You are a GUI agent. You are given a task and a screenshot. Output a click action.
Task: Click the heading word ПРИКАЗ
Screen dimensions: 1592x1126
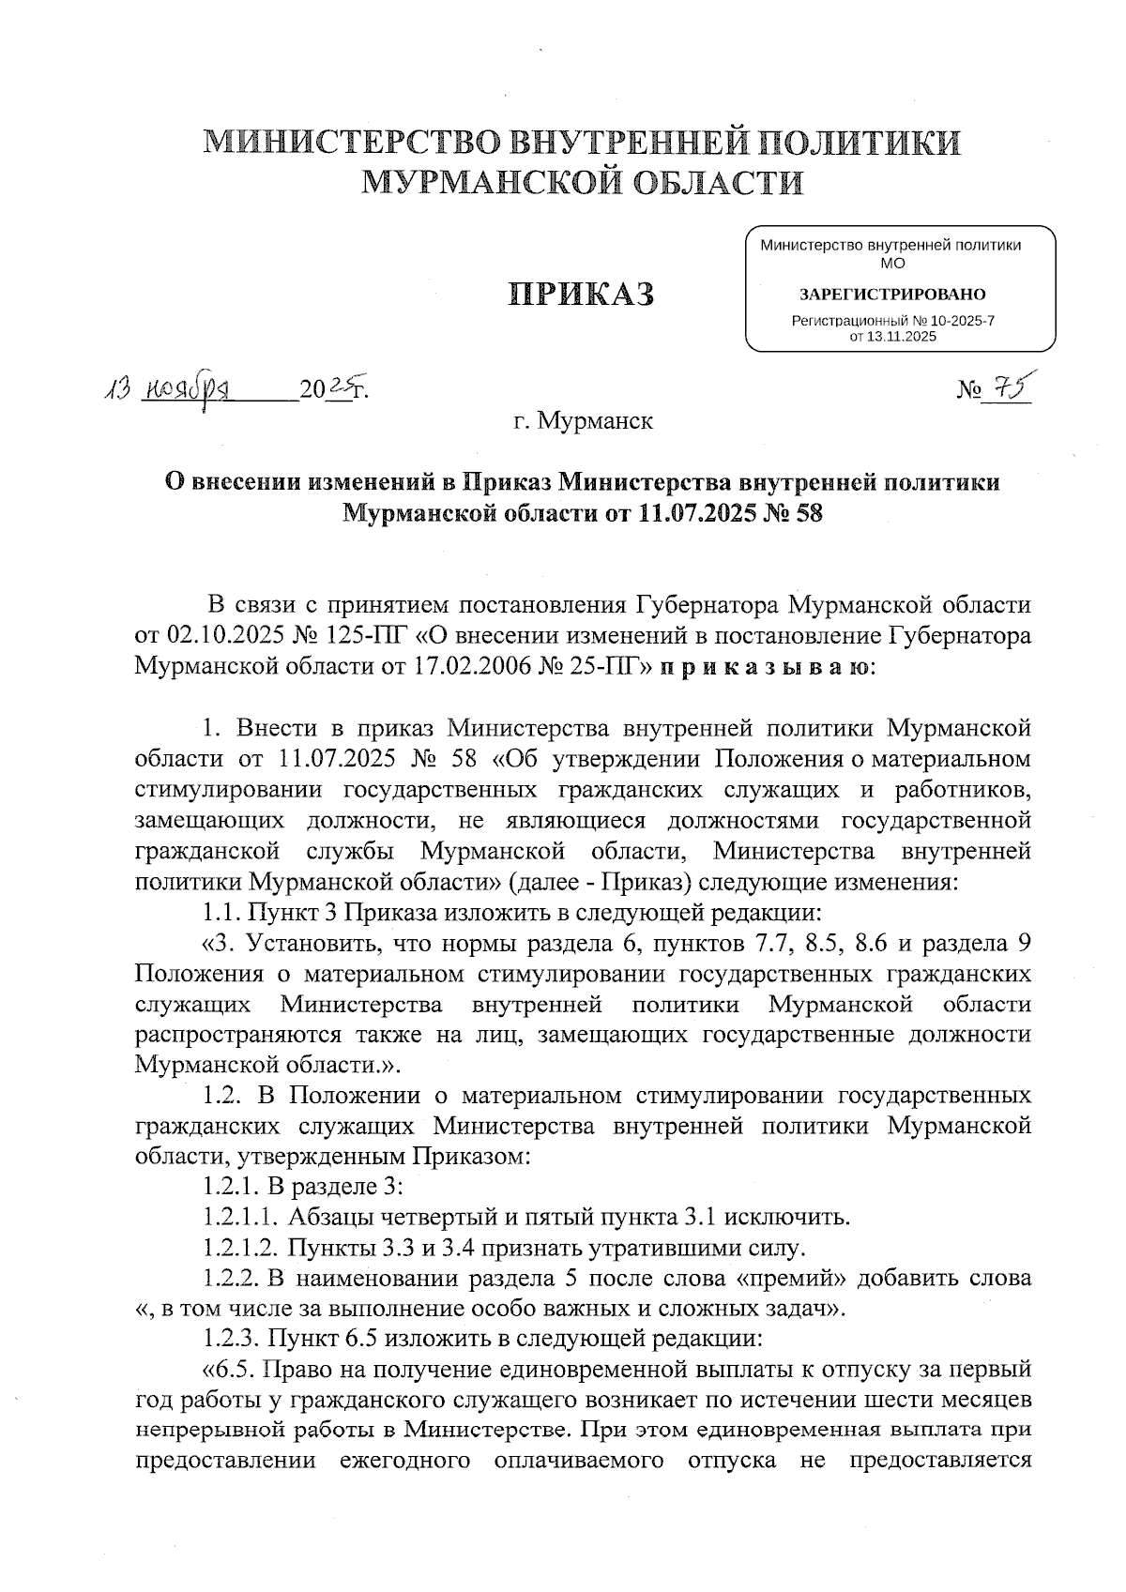pyautogui.click(x=581, y=294)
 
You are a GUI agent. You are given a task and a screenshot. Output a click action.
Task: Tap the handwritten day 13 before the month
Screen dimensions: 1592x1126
pyautogui.click(x=118, y=387)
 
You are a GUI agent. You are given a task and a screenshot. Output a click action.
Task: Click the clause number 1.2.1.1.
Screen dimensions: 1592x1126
pyautogui.click(x=239, y=1218)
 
